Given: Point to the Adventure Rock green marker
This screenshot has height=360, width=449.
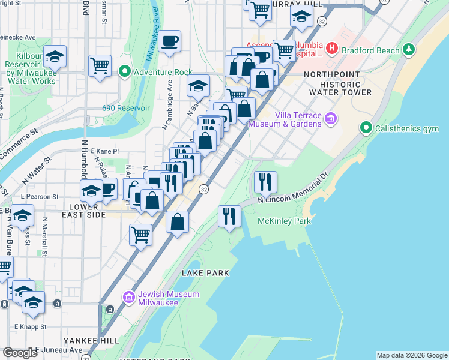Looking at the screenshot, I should click(x=125, y=72).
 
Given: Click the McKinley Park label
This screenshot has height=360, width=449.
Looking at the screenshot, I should click(x=284, y=221).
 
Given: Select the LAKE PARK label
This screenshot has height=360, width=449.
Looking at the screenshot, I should click(x=206, y=273).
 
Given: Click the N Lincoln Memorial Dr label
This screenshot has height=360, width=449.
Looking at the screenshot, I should click(x=294, y=191).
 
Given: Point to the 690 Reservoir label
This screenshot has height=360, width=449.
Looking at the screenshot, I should click(x=125, y=109).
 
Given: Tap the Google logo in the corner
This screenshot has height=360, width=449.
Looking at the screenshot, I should click(x=19, y=353).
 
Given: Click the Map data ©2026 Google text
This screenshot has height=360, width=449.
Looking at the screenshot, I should click(x=411, y=355).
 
